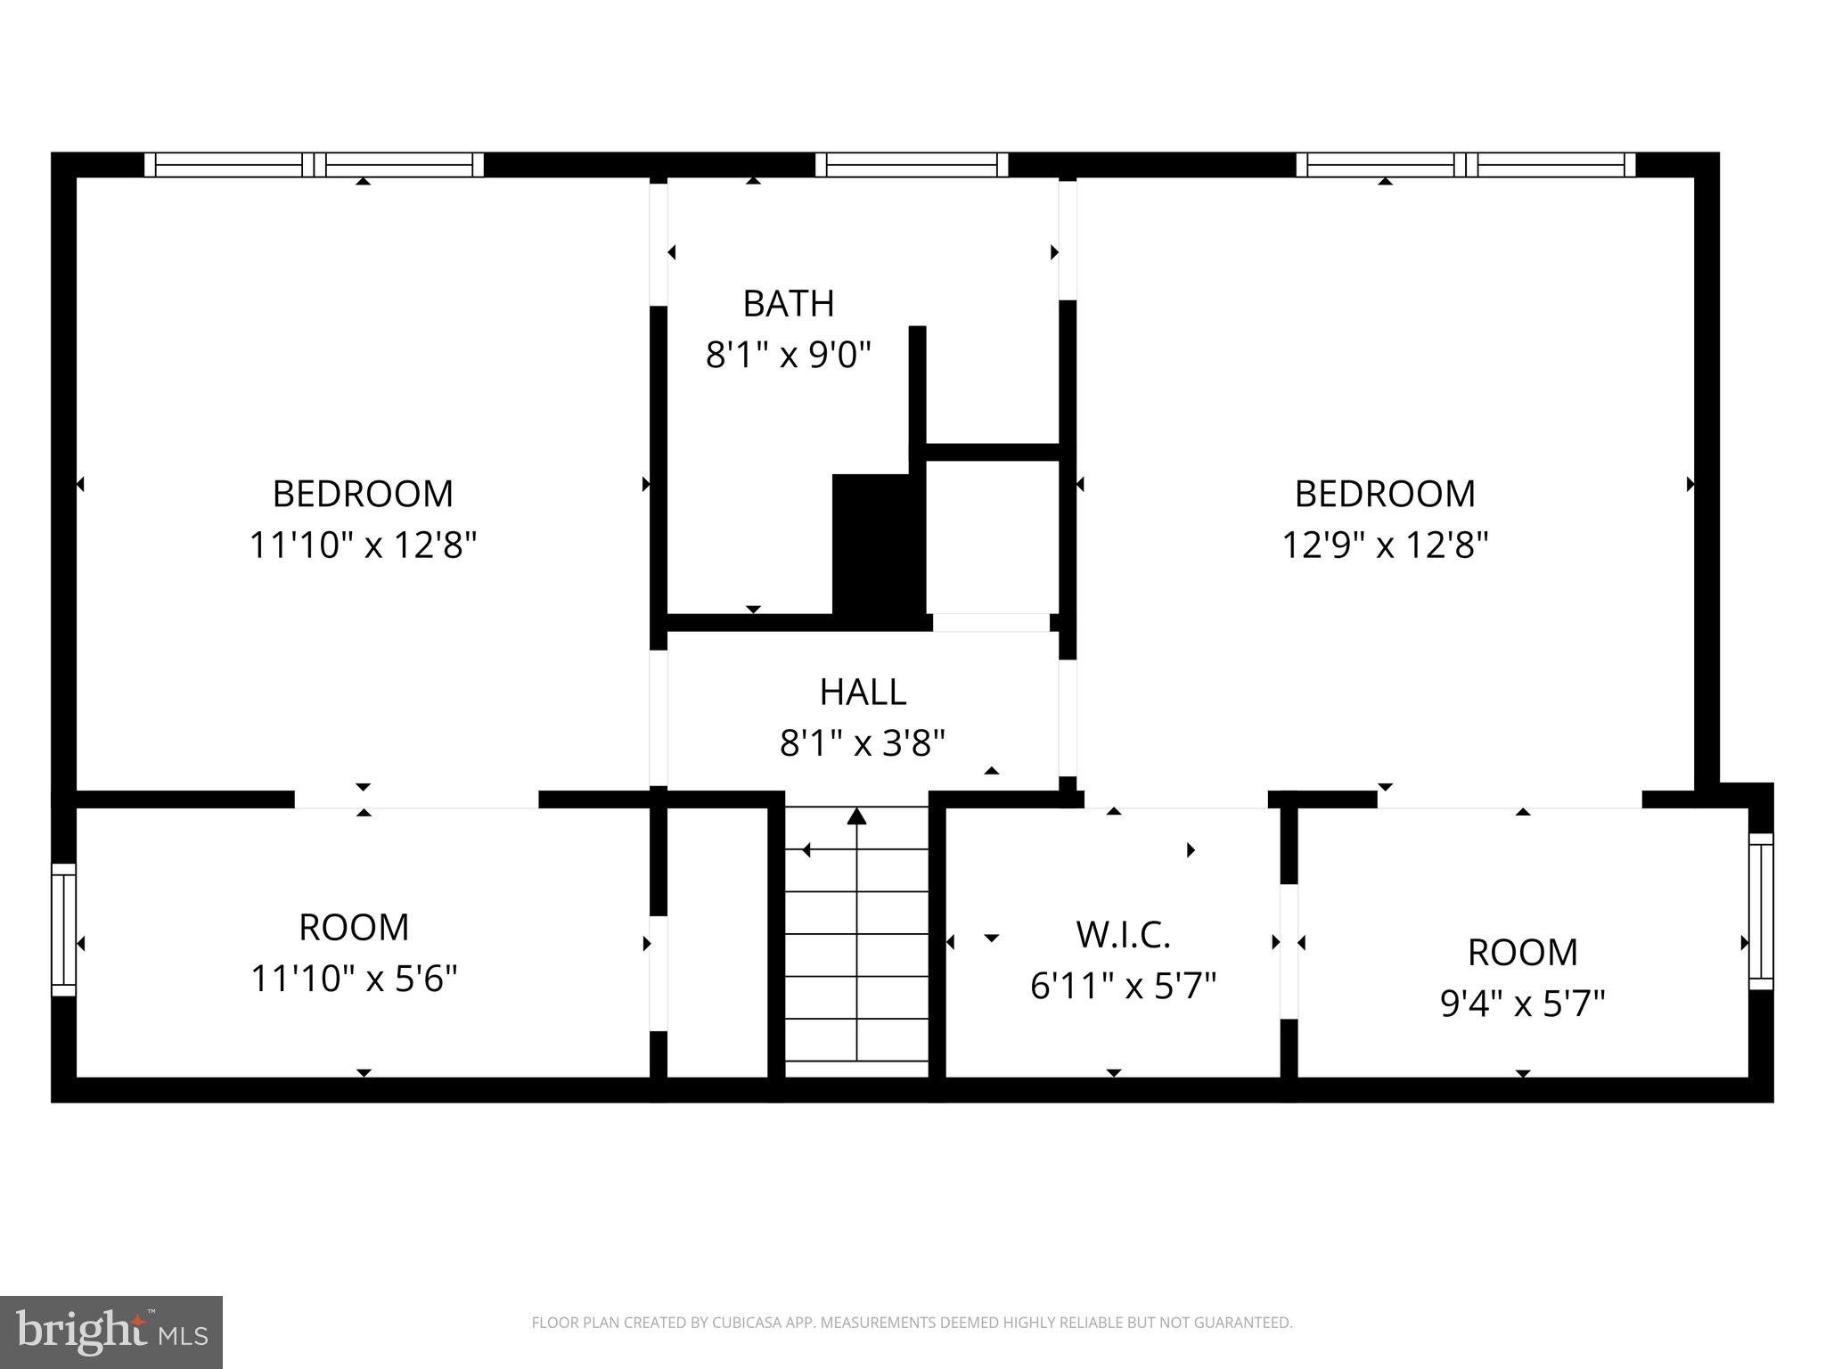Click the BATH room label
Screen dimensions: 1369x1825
789,304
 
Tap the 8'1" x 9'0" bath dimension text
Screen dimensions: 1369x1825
788,356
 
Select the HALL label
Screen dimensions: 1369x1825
863,693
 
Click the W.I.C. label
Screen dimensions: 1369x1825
1123,935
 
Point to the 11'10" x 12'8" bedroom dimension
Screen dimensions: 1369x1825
363,545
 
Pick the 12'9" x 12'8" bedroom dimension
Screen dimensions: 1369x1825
1385,545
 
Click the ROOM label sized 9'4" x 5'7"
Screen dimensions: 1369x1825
1522,953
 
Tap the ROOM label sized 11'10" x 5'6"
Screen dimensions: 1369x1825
354,928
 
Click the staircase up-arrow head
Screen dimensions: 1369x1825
856,816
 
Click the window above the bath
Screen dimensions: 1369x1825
911,165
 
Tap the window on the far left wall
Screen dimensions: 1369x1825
63,929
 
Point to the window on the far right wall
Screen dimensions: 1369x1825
1761,911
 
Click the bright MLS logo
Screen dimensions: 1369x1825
111,1332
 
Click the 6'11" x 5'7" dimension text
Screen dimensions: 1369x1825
1123,987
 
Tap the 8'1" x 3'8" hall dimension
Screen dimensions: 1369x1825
862,742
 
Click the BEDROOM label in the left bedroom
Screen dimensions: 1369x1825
363,494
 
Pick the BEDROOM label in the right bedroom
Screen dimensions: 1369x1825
1385,494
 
